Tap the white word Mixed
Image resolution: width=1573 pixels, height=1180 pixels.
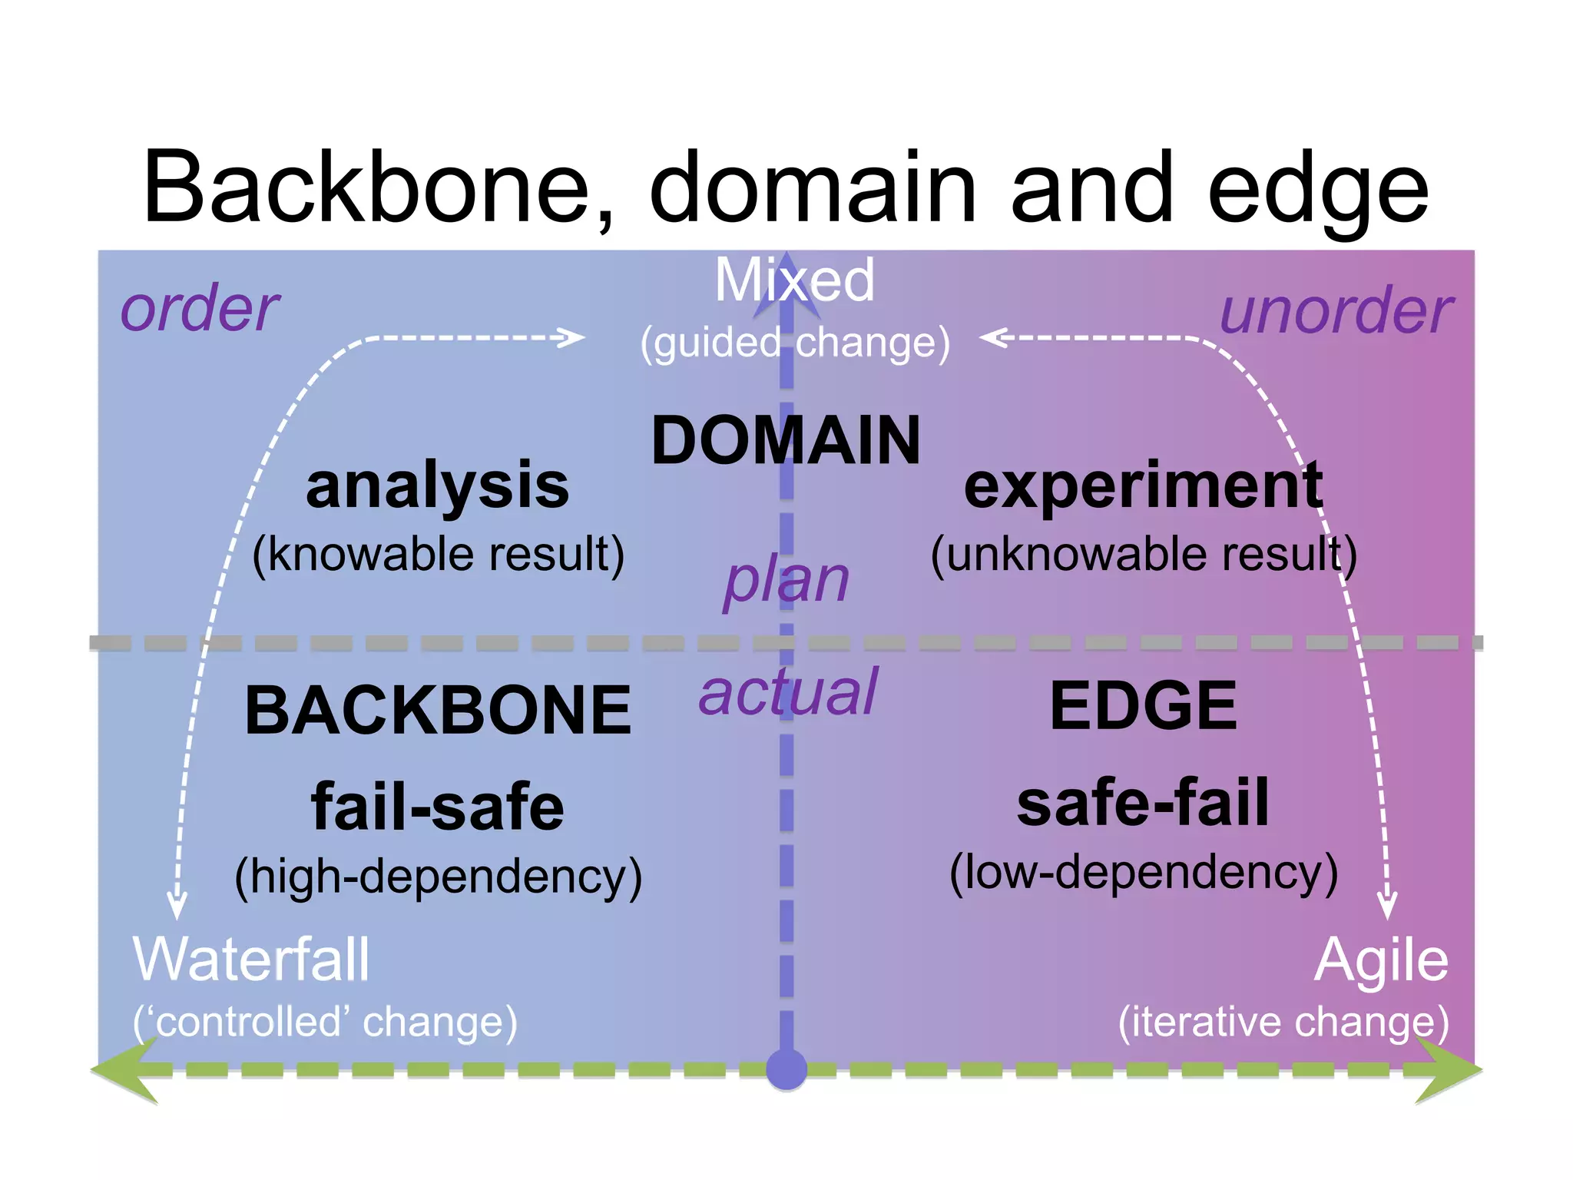(x=794, y=280)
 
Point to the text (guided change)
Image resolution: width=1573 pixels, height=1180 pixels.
(x=795, y=343)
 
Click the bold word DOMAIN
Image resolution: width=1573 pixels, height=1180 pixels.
(x=785, y=440)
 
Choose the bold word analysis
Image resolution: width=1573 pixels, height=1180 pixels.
(x=437, y=486)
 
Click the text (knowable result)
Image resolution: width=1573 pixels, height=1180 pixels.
(x=438, y=554)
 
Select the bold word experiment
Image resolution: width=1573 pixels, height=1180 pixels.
(x=1143, y=486)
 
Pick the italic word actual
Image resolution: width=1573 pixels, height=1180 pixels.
(x=787, y=692)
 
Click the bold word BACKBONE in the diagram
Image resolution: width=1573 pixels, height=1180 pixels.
(x=438, y=711)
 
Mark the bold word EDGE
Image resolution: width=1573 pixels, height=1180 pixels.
(x=1143, y=706)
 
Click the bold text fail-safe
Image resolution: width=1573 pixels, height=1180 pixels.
(x=437, y=807)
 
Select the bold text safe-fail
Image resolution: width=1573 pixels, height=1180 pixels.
(x=1143, y=803)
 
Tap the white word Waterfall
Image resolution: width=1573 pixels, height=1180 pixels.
(x=251, y=960)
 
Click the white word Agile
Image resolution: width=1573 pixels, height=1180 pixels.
(x=1380, y=960)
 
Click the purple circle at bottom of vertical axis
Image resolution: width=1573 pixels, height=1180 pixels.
(x=786, y=1069)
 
